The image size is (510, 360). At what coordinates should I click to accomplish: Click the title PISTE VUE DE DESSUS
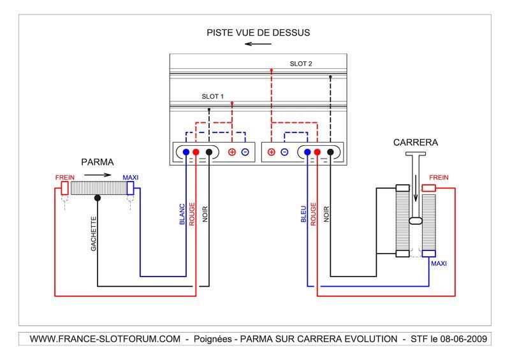258,32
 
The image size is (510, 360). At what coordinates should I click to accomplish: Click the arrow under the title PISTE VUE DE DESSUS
258,45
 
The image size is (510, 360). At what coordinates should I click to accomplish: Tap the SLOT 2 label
301,64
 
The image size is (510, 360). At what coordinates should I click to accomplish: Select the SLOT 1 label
213,97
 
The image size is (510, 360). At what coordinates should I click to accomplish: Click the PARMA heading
97,162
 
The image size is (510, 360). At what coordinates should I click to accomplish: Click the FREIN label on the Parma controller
64,177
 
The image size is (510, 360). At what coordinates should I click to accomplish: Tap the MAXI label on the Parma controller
130,177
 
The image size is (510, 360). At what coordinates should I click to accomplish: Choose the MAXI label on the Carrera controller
439,263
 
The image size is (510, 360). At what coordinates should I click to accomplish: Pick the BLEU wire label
303,213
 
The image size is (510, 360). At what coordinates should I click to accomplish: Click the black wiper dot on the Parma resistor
97,198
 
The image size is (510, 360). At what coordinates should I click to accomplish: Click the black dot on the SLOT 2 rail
330,77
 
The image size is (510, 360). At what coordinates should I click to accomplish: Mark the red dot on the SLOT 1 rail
232,103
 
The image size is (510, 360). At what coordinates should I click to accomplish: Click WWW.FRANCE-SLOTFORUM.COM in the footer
105,339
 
